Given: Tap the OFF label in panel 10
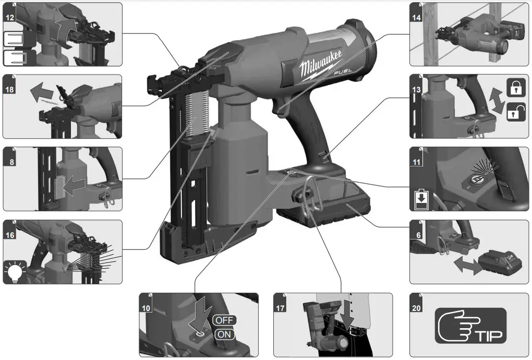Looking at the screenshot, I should pos(224,320).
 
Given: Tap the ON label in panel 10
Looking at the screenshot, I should pos(224,334).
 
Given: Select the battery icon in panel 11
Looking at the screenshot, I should pos(421,200).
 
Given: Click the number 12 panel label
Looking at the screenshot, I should pos(9,17).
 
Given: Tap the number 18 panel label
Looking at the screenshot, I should pos(9,89).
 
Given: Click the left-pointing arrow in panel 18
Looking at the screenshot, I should pos(41,94).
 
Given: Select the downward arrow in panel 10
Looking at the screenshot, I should pos(201,310).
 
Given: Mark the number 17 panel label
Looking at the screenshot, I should pos(280,308).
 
